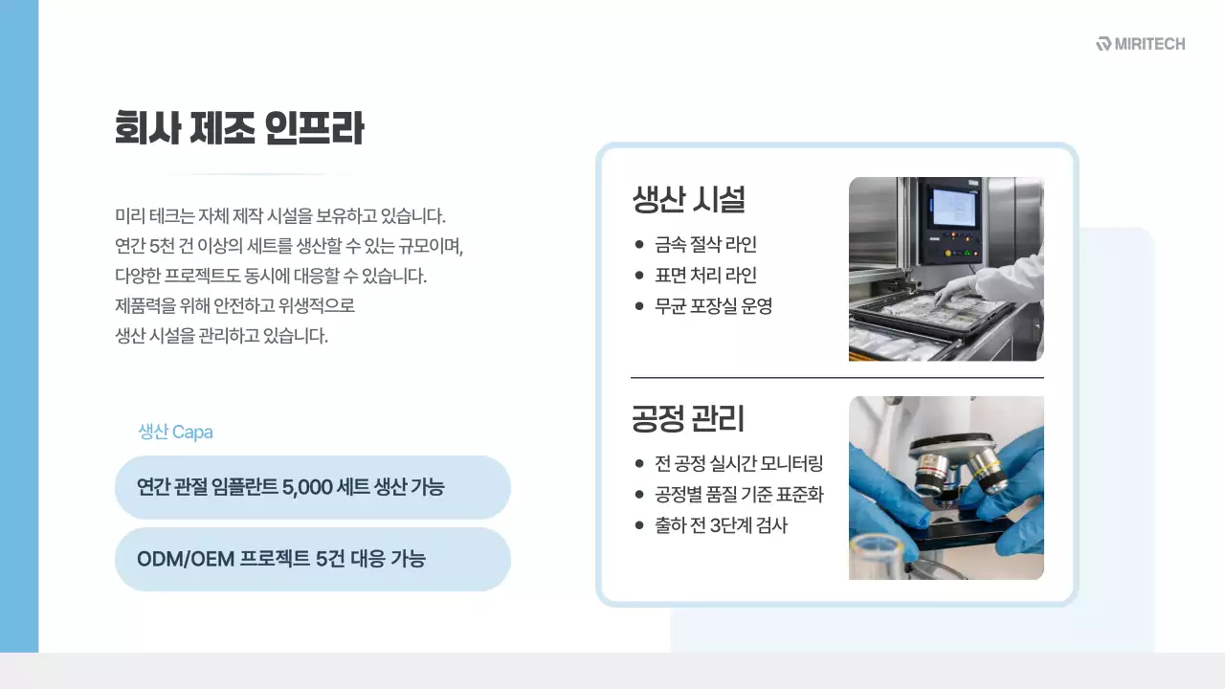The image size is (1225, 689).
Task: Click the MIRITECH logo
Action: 1141,44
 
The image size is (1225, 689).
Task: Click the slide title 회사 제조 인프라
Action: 238,128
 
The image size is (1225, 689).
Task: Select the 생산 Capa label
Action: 175,432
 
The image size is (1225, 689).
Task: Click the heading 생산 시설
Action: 688,199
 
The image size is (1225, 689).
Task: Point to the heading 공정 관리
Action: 688,418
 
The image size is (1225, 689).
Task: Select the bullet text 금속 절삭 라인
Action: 705,244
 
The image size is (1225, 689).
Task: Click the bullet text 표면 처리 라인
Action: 705,276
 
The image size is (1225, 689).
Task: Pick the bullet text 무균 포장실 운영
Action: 713,306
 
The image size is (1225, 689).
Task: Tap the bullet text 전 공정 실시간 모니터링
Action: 739,464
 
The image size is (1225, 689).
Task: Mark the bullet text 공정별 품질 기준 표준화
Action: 739,495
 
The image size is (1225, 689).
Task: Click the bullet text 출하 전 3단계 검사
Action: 721,525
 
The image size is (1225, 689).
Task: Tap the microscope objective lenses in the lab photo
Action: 957,469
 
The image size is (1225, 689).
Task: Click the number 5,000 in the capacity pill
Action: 308,487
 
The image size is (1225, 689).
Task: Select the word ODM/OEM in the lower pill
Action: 186,559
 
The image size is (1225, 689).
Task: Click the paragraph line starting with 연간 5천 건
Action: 288,246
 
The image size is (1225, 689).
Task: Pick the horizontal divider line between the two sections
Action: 836,378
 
